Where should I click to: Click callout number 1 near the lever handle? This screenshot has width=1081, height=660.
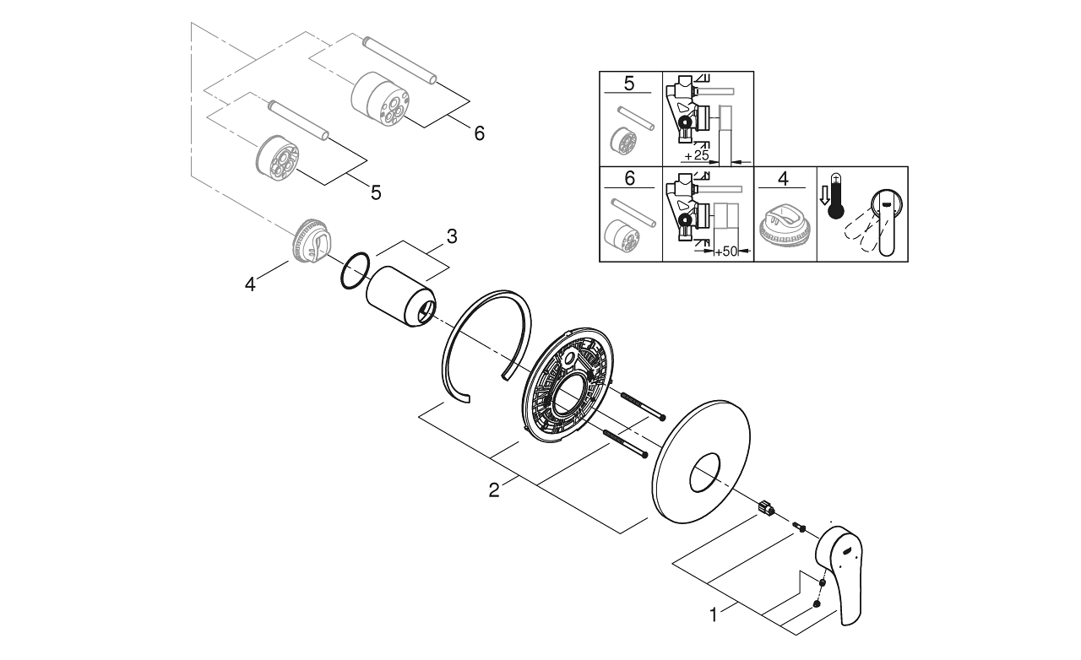714,615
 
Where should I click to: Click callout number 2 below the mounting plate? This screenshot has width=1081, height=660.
494,490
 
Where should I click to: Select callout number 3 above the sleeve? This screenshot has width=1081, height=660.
452,236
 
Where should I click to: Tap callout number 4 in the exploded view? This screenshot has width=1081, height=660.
250,284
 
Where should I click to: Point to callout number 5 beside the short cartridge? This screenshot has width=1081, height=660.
376,192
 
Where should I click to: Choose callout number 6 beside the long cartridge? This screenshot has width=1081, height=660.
479,133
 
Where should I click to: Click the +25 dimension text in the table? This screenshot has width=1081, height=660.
696,155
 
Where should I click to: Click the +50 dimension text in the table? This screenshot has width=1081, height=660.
726,252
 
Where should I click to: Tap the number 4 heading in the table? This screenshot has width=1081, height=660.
784,179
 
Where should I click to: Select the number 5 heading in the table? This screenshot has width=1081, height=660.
629,83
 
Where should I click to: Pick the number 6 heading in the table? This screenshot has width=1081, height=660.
630,179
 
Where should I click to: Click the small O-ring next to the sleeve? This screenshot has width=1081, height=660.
355,271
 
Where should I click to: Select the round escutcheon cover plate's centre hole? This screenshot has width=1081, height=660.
704,473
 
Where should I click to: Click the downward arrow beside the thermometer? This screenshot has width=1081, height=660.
823,196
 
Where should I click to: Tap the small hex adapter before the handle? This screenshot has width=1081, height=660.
766,507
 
